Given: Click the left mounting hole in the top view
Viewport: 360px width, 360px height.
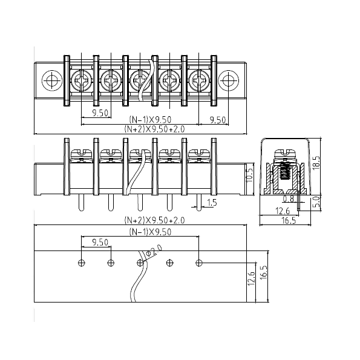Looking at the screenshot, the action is pyautogui.click(x=52, y=80).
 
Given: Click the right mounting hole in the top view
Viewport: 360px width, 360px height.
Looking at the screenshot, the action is pyautogui.click(x=229, y=80).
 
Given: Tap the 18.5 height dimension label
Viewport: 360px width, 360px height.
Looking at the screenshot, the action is pyautogui.click(x=316, y=163).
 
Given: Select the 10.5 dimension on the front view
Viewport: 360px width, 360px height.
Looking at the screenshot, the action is pyautogui.click(x=250, y=175).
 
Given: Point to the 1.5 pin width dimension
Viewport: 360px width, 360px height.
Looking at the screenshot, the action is pyautogui.click(x=212, y=203).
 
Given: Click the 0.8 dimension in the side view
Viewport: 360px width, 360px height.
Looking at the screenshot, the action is pyautogui.click(x=288, y=199).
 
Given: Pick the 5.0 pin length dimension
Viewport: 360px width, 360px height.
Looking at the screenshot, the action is pyautogui.click(x=316, y=202).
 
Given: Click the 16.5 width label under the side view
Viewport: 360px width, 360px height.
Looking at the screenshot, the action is pyautogui.click(x=289, y=221).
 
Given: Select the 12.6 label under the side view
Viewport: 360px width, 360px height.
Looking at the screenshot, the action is pyautogui.click(x=283, y=211).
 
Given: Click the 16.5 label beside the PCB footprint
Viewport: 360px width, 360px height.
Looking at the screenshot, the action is pyautogui.click(x=264, y=272).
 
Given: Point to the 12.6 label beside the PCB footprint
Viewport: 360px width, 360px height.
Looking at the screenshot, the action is pyautogui.click(x=252, y=278).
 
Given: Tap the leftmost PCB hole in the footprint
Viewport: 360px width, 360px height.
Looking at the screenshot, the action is pyautogui.click(x=82, y=263).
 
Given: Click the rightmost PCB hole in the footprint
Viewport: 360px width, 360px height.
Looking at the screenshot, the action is pyautogui.click(x=199, y=263).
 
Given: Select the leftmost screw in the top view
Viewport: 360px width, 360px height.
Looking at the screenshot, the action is pyautogui.click(x=82, y=80).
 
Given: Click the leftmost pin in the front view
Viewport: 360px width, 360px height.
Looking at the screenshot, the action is pyautogui.click(x=81, y=203).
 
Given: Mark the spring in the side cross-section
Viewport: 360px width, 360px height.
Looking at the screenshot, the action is pyautogui.click(x=285, y=171).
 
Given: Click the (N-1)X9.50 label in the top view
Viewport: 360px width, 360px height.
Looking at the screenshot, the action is pyautogui.click(x=151, y=120).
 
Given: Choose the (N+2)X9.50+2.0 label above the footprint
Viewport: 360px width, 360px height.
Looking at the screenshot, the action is pyautogui.click(x=154, y=220).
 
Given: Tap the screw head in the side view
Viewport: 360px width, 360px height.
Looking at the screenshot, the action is pyautogui.click(x=285, y=153).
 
